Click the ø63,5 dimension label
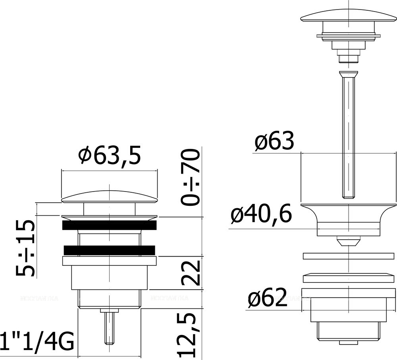click(109, 157)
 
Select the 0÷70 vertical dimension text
click(189, 177)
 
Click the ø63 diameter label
click(274, 141)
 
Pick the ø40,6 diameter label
click(262, 215)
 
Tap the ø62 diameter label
click(267, 298)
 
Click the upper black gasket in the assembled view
click(109, 225)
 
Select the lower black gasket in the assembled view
click(109, 250)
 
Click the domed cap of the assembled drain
click(109, 196)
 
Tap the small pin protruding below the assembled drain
click(110, 327)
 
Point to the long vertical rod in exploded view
click(348, 135)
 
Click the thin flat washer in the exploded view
click(348, 256)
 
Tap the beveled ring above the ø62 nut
click(348, 277)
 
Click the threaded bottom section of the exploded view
click(348, 332)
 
